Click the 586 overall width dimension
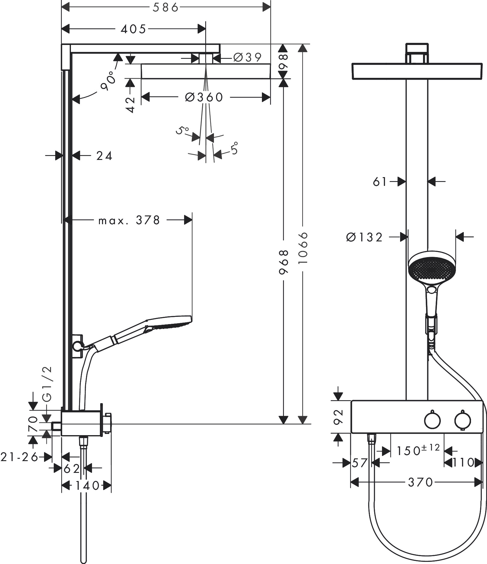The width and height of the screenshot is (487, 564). (x=166, y=7)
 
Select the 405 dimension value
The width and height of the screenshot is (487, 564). (x=133, y=29)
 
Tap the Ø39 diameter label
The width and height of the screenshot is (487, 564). (x=248, y=57)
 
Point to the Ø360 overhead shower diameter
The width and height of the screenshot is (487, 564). (x=204, y=97)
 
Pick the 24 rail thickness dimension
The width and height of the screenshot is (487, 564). (x=104, y=156)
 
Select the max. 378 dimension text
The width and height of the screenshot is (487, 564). (x=129, y=220)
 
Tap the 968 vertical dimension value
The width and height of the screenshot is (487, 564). (x=284, y=262)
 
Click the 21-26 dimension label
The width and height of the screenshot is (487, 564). (x=19, y=457)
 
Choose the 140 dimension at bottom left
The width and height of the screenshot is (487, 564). (x=87, y=486)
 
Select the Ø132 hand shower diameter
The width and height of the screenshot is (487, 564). (x=364, y=237)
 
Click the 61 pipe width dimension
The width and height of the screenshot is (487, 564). (x=380, y=182)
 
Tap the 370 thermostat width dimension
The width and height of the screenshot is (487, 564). (x=420, y=482)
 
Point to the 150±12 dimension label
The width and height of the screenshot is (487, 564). (x=418, y=451)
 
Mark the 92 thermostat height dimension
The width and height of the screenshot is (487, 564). (x=339, y=417)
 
